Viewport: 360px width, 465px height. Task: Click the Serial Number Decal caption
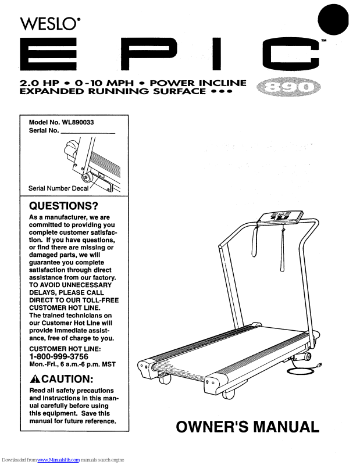click(58, 188)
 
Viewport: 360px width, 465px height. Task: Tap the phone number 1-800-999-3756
click(59, 356)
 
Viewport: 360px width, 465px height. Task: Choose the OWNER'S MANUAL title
click(248, 427)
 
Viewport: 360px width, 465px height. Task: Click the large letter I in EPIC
click(217, 55)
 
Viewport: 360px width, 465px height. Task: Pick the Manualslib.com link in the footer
click(59, 460)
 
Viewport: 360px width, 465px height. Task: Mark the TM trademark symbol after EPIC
click(323, 41)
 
